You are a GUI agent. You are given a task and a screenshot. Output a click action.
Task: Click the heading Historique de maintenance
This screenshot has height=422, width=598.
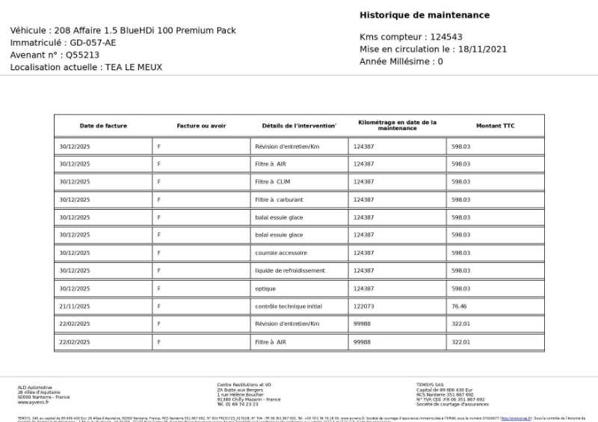click(425, 15)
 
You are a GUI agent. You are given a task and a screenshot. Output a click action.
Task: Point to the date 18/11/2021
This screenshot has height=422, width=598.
click(483, 49)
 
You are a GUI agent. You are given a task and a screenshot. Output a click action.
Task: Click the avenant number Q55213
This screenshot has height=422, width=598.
click(82, 55)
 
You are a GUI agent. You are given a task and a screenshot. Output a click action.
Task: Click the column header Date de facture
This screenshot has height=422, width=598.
click(103, 125)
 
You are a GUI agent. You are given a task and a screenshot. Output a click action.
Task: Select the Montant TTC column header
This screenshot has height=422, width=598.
click(495, 125)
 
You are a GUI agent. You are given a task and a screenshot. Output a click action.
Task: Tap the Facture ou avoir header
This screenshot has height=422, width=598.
click(201, 125)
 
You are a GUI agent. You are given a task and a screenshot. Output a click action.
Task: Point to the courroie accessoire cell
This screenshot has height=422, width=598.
click(280, 252)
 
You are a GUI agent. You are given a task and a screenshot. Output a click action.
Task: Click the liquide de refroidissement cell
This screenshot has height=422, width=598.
click(290, 270)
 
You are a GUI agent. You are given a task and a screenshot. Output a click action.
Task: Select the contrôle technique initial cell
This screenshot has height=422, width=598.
click(289, 306)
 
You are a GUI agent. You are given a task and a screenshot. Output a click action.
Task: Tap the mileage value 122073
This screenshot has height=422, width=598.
click(363, 306)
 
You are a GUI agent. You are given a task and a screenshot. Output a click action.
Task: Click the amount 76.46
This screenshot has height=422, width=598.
click(459, 306)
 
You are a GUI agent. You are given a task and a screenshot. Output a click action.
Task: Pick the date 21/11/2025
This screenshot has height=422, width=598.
click(75, 306)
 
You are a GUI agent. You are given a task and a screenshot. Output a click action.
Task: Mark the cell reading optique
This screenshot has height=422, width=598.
click(265, 288)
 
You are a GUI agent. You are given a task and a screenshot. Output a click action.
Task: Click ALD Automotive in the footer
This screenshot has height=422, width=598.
click(35, 387)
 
